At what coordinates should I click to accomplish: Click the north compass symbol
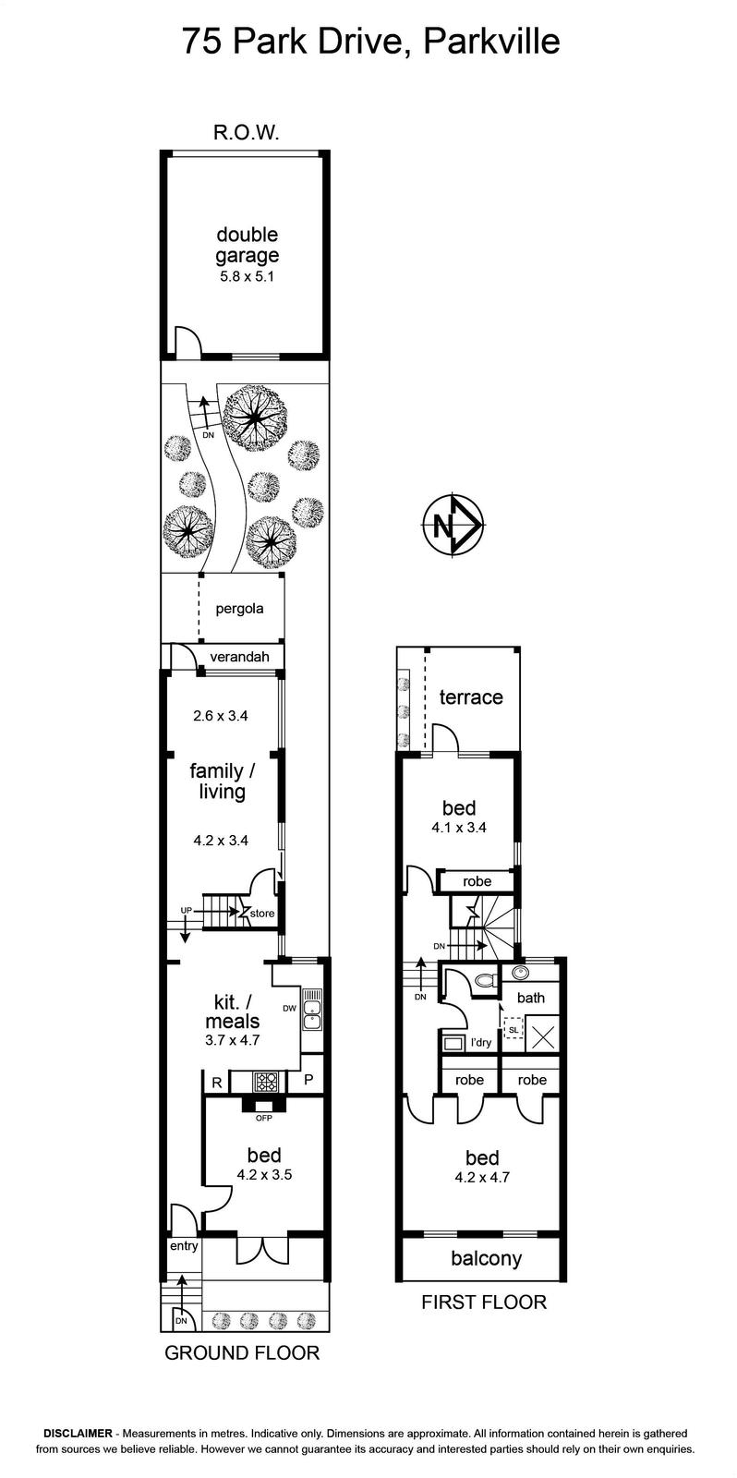click(x=454, y=526)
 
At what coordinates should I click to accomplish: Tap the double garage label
click(x=248, y=245)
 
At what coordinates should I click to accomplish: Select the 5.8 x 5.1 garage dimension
click(x=247, y=276)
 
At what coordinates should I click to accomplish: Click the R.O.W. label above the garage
click(x=247, y=133)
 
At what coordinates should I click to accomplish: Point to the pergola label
click(x=239, y=609)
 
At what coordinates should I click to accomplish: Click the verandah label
click(x=239, y=657)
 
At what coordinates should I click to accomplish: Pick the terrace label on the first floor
click(x=471, y=697)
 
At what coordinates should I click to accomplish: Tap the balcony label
click(x=487, y=1258)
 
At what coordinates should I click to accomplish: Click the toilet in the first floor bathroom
click(x=486, y=980)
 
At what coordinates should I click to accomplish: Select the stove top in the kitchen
click(x=267, y=1082)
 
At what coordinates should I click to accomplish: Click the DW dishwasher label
click(x=289, y=1008)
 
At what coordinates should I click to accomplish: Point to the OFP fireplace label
click(x=264, y=1118)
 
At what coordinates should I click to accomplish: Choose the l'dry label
click(x=480, y=1043)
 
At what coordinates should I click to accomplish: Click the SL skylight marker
click(x=513, y=1029)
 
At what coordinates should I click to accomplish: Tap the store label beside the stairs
click(x=262, y=914)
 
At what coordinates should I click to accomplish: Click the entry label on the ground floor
click(x=184, y=1246)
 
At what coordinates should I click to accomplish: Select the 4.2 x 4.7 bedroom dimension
click(x=482, y=1177)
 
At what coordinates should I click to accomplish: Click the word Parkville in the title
click(x=491, y=42)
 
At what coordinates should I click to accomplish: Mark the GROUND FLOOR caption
click(x=242, y=1352)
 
